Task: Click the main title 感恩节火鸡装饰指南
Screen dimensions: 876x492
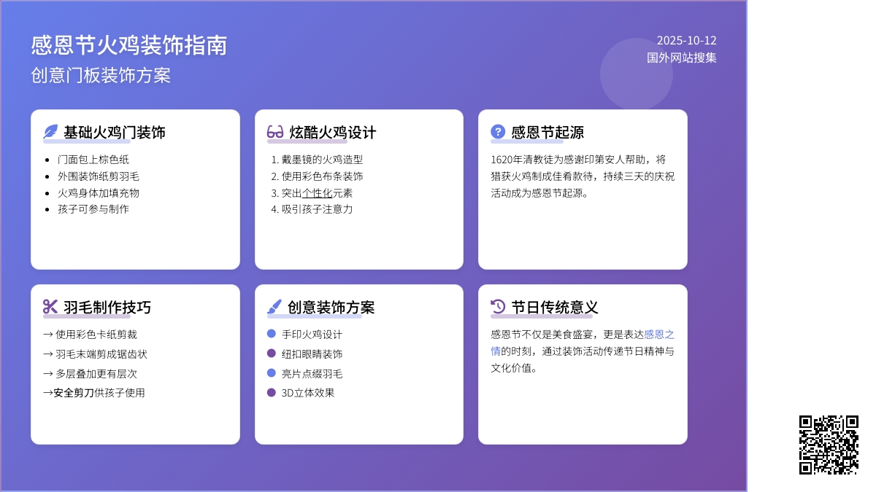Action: click(x=129, y=45)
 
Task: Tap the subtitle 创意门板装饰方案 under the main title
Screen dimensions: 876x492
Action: click(x=101, y=75)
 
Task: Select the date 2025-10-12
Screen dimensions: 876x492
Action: click(x=686, y=41)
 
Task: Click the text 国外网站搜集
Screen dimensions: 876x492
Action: click(x=681, y=58)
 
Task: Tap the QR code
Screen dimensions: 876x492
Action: click(x=829, y=445)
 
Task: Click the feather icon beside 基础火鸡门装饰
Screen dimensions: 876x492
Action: click(x=50, y=132)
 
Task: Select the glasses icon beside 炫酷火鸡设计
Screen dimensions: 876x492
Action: click(x=275, y=132)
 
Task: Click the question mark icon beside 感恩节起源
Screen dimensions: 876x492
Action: click(x=498, y=132)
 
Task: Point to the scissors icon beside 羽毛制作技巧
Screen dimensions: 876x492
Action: click(x=50, y=307)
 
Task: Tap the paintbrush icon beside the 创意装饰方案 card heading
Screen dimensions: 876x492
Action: click(x=274, y=307)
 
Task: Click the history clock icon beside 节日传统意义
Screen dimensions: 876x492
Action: click(x=498, y=307)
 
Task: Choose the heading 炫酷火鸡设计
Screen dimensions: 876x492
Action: click(x=333, y=133)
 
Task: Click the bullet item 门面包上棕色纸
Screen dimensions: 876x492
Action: click(x=93, y=160)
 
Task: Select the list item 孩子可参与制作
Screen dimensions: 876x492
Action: click(x=93, y=209)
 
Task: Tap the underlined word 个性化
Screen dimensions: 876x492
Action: click(x=317, y=193)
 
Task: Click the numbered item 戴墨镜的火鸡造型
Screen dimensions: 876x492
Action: click(x=322, y=160)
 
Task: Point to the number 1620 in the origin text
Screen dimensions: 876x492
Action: click(x=502, y=160)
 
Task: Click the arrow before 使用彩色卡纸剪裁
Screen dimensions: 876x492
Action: click(x=48, y=335)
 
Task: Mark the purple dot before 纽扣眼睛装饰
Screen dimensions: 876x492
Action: click(x=272, y=354)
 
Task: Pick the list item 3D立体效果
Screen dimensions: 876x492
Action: click(x=308, y=393)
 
